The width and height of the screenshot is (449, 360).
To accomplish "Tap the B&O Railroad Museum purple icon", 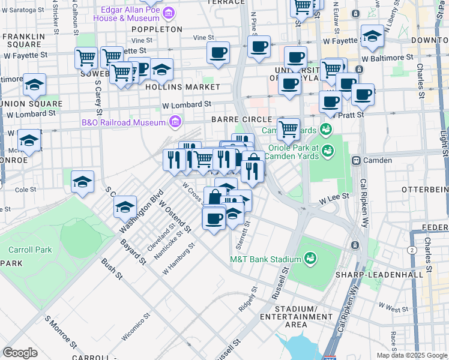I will click(175, 122).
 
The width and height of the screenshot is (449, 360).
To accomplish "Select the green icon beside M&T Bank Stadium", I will click(310, 259).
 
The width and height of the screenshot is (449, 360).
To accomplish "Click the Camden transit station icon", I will click(356, 160).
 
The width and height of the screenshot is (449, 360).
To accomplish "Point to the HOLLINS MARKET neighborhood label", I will click(182, 87).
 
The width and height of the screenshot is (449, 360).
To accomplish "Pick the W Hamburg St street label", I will click(179, 259).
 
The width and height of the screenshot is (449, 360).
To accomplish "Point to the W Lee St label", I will click(330, 199).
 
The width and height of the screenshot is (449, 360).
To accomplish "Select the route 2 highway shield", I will click(412, 250).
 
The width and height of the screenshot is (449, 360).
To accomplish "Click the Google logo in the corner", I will click(20, 353).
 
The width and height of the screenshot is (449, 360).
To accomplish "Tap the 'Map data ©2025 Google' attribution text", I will click(411, 355).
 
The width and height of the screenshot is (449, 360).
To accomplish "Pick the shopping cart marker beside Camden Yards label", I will click(289, 128).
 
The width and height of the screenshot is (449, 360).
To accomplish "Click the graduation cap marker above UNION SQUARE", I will click(34, 84).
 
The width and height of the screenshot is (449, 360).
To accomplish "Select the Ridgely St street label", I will click(247, 298).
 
